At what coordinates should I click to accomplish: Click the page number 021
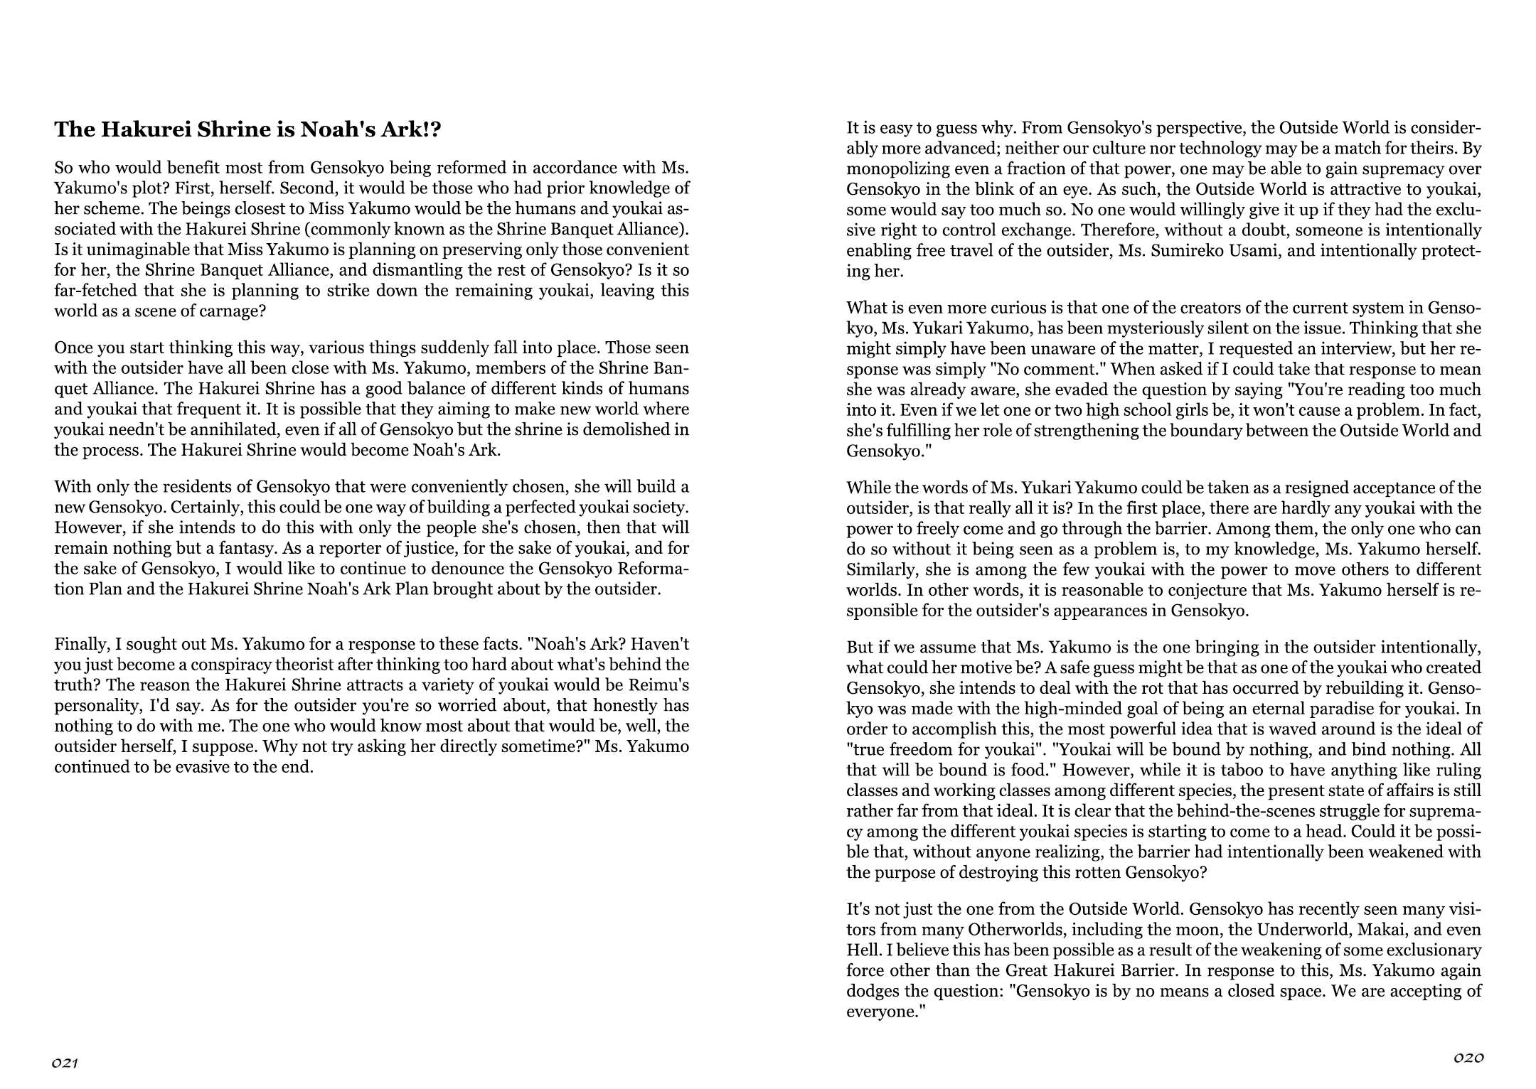click(x=64, y=1063)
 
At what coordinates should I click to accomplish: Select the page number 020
click(x=1468, y=1057)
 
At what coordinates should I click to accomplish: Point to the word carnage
click(x=211, y=311)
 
